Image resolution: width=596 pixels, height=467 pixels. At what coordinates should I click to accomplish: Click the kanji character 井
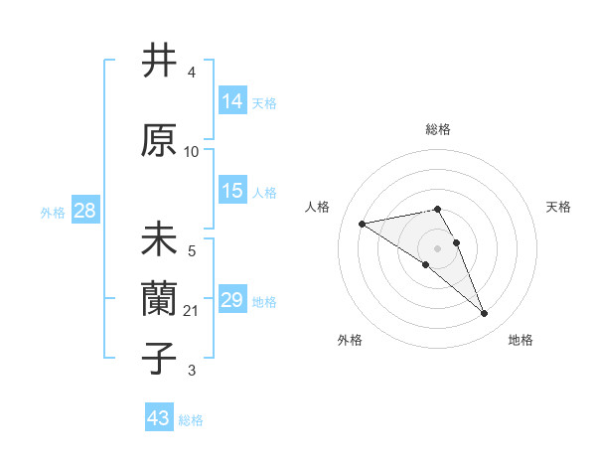click(160, 62)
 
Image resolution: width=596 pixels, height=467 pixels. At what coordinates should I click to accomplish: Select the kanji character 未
click(160, 241)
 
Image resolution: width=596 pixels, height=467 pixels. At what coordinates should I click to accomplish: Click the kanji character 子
click(160, 359)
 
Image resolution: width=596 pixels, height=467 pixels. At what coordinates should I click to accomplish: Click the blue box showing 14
click(232, 100)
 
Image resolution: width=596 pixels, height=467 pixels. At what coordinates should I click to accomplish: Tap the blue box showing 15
click(232, 191)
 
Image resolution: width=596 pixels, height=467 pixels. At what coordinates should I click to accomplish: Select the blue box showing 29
click(232, 300)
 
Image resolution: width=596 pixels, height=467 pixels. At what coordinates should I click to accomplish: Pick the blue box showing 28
click(84, 210)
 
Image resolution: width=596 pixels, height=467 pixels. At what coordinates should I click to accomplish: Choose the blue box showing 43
click(159, 418)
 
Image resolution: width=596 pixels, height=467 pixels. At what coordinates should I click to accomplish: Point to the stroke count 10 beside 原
click(192, 152)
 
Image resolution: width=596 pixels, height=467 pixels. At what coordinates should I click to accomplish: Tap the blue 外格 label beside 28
click(53, 212)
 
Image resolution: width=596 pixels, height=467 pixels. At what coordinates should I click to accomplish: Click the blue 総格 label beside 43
click(191, 420)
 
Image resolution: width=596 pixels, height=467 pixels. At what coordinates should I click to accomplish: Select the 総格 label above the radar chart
click(437, 129)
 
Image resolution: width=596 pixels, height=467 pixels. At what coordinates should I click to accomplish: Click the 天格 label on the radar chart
click(558, 207)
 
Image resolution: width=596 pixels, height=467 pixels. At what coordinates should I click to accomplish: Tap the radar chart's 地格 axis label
click(521, 340)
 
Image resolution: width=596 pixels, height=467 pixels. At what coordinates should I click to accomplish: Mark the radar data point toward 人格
click(363, 223)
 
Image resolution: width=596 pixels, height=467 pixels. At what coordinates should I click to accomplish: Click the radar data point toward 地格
click(484, 314)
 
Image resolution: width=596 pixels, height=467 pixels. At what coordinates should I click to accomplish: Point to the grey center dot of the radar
click(437, 246)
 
